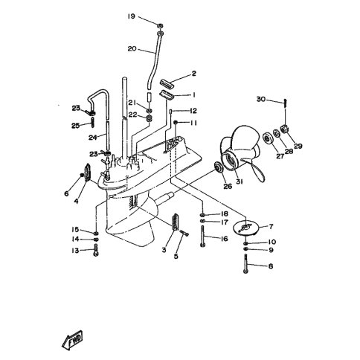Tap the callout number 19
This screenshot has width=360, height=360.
click(x=132, y=16)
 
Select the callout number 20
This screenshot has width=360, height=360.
click(x=132, y=49)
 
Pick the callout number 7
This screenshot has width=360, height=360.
click(x=270, y=226)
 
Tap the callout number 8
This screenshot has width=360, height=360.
click(x=270, y=266)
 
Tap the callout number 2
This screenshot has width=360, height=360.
click(x=193, y=74)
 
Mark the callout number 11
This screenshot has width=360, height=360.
click(x=193, y=123)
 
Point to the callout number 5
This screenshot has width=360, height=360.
click(x=176, y=256)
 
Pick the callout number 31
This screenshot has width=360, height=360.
click(x=239, y=186)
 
